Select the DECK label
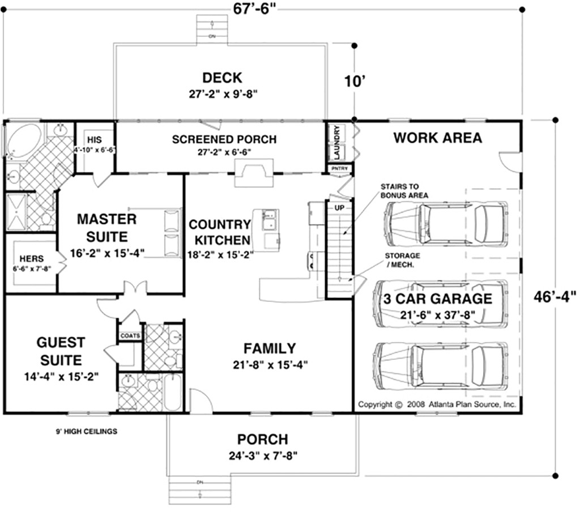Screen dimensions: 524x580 coord(222,78)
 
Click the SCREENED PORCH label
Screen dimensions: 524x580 coord(224,139)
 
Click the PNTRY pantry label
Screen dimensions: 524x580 coord(339,169)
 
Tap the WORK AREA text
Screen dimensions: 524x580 coord(437,138)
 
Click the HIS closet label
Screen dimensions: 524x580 coord(94,139)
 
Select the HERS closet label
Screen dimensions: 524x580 coord(28,258)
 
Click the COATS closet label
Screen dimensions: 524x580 coord(129,335)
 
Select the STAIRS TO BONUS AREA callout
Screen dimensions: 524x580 coord(404,190)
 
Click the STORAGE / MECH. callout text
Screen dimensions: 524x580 coord(403,260)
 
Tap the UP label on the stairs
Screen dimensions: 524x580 coord(339,207)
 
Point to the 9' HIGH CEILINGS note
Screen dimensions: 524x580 coord(86,432)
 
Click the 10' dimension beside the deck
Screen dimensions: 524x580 coord(353,81)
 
